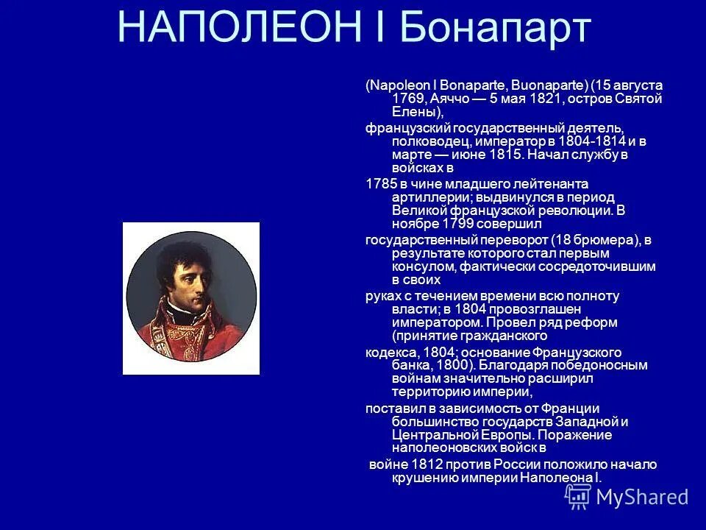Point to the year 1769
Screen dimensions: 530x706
click(x=407, y=99)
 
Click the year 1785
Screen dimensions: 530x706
click(x=381, y=183)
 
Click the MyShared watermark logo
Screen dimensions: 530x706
click(x=628, y=498)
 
